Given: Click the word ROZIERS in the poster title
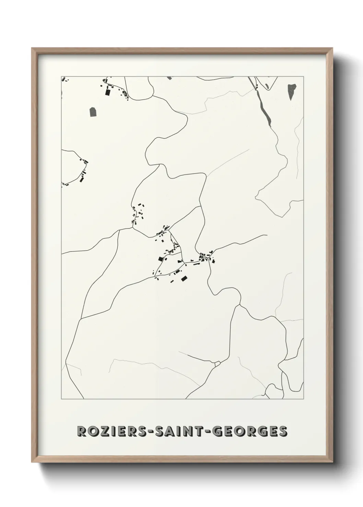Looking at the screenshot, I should pos(110,431).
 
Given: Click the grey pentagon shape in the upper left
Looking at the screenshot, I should pos(93,111).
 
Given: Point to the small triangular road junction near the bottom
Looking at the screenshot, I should pos(217,363).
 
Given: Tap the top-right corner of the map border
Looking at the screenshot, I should pos(303,76).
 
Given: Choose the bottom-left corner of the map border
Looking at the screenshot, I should pos(61,399).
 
